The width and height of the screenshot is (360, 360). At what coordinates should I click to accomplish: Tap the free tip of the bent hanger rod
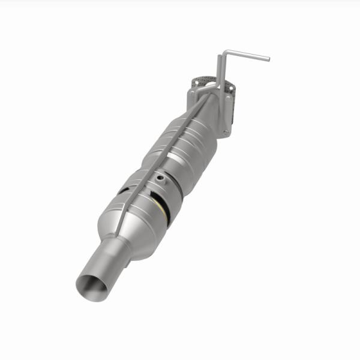[268, 59]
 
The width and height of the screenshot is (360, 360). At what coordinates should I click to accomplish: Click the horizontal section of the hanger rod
[246, 55]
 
